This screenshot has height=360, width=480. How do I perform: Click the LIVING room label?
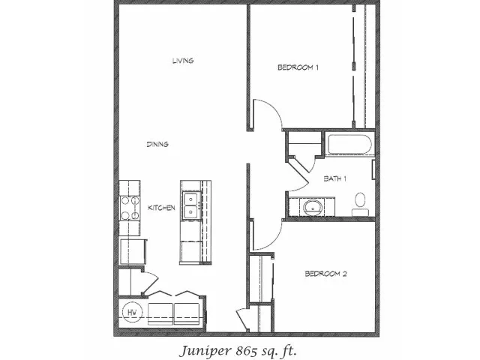(183, 61)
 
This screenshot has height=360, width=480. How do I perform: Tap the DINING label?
(157, 144)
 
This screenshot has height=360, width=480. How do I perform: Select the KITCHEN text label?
(161, 208)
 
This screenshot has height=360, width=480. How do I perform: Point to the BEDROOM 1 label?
(298, 67)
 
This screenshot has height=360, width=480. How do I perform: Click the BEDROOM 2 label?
(325, 274)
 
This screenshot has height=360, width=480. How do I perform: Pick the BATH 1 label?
(335, 178)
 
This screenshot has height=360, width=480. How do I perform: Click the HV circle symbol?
(132, 312)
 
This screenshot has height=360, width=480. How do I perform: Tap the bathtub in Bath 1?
(349, 144)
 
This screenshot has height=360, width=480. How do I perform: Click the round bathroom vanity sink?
(313, 207)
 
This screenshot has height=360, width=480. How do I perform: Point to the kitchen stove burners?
(130, 208)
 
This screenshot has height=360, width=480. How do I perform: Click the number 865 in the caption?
(247, 351)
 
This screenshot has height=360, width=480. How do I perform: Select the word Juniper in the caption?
(205, 351)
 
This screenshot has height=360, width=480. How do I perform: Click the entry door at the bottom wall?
(243, 320)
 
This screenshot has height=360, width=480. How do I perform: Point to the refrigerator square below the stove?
(133, 252)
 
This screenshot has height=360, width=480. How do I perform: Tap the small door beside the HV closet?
(150, 283)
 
